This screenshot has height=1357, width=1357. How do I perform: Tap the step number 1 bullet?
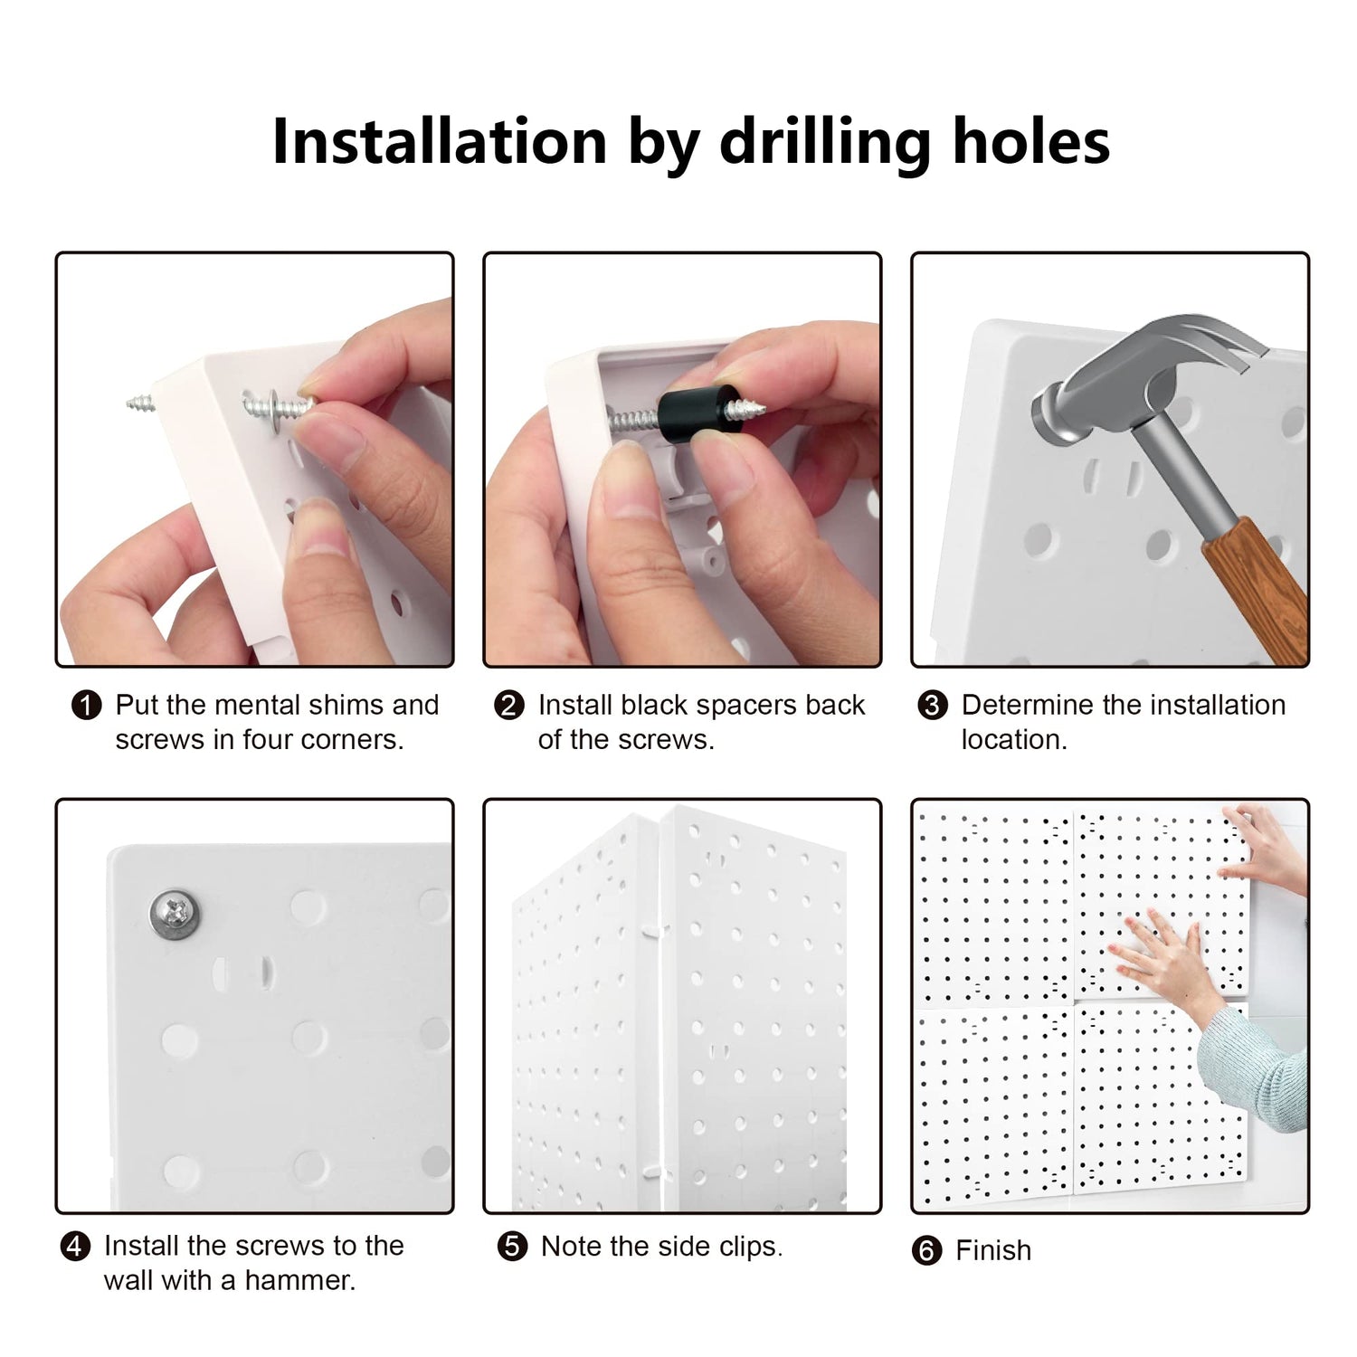(86, 705)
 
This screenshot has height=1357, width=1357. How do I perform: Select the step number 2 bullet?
(509, 705)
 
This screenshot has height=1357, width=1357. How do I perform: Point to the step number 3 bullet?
(933, 705)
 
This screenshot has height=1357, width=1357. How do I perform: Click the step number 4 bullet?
(75, 1247)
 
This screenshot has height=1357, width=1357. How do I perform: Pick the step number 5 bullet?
(512, 1247)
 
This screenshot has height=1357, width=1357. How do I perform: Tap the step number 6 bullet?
(926, 1251)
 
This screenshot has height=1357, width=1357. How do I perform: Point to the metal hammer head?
(1140, 371)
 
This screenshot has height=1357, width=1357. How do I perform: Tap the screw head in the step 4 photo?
(174, 914)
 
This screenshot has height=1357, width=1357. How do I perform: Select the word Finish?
(993, 1251)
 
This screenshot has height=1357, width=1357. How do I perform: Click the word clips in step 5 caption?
(751, 1248)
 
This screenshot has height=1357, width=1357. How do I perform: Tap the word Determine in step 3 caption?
(1023, 705)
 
